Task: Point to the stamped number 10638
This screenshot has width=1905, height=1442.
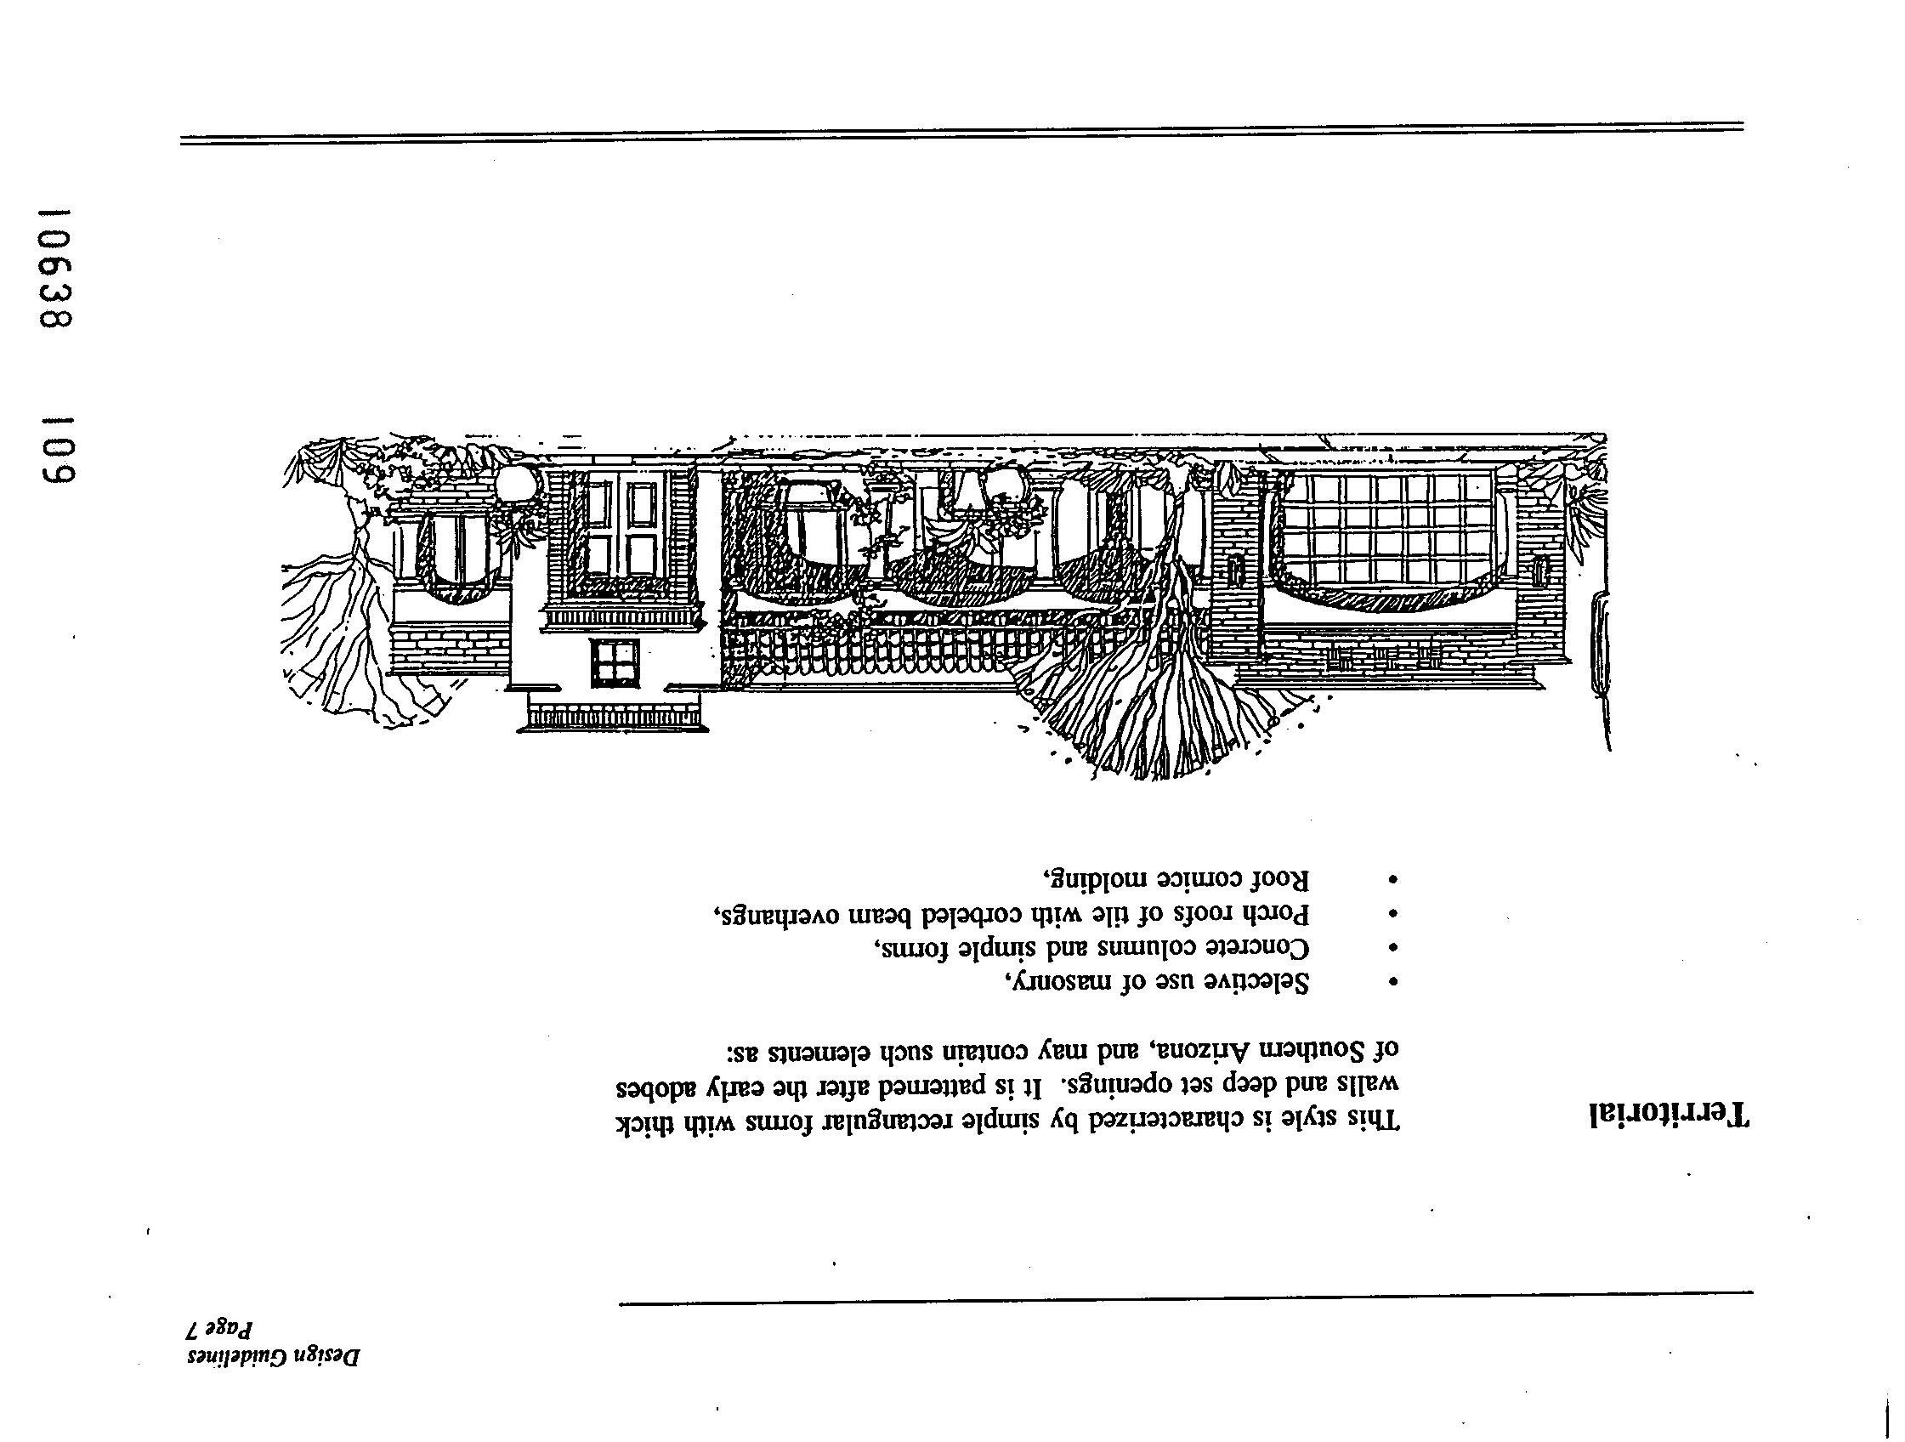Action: (x=58, y=268)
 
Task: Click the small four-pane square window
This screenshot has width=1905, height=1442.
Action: (x=615, y=663)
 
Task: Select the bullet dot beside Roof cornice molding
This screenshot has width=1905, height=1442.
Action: (x=1393, y=879)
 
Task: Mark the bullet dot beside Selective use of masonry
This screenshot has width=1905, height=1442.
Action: (x=1393, y=981)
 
